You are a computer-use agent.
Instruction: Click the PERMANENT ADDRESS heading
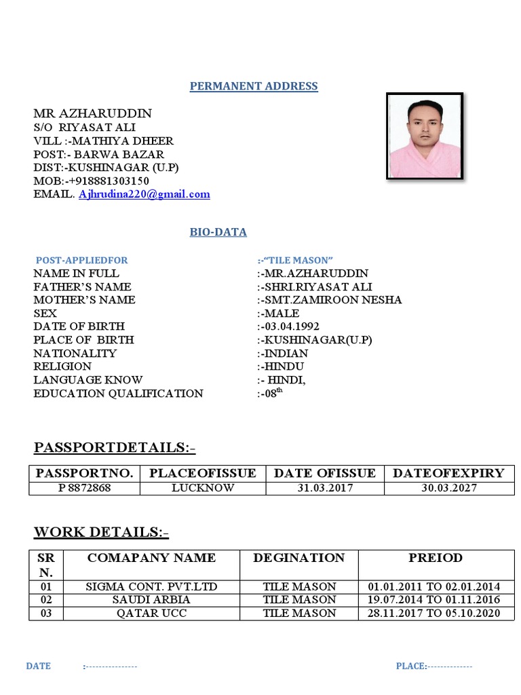coord(254,86)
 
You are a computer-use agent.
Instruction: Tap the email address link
coord(144,194)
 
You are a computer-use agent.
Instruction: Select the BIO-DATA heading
coord(218,232)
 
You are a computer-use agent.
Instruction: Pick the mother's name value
coord(331,300)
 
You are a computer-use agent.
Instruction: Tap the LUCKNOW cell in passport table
coord(203,488)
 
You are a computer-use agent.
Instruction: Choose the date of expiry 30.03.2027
coord(449,488)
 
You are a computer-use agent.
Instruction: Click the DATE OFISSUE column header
coord(324,473)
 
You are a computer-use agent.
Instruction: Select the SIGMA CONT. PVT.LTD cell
coord(151,586)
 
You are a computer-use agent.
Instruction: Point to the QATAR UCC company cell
coord(151,613)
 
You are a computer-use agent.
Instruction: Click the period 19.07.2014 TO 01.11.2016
coord(434,599)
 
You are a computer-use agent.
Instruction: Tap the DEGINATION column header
coord(298,558)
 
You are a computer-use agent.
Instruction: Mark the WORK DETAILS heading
coord(101,533)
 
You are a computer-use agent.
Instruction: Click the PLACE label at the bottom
coord(411,666)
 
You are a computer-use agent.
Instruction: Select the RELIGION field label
coord(63,367)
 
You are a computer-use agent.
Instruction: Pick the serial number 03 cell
coord(45,613)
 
